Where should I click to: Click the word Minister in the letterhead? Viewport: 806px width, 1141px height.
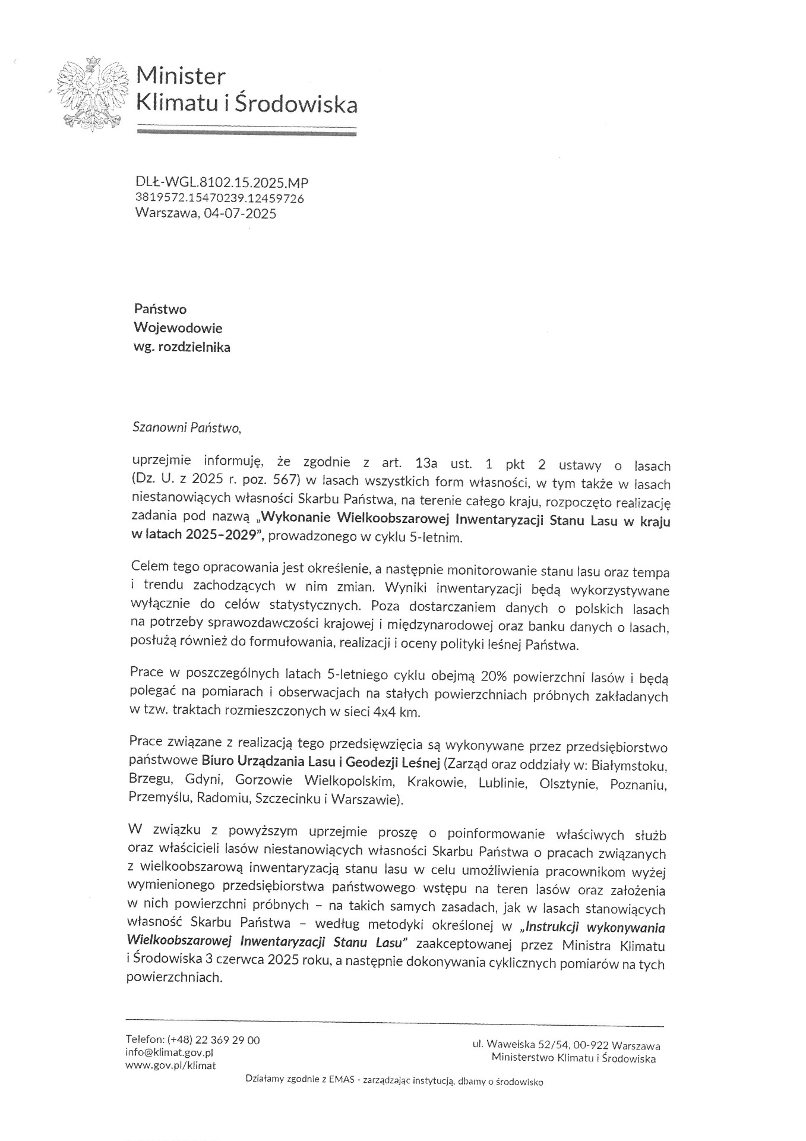[x=181, y=76]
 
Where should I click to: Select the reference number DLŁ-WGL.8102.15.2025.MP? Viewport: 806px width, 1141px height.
[x=222, y=183]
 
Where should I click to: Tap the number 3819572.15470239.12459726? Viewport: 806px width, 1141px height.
[x=220, y=198]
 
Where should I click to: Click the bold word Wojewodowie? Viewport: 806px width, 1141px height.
[x=178, y=327]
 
